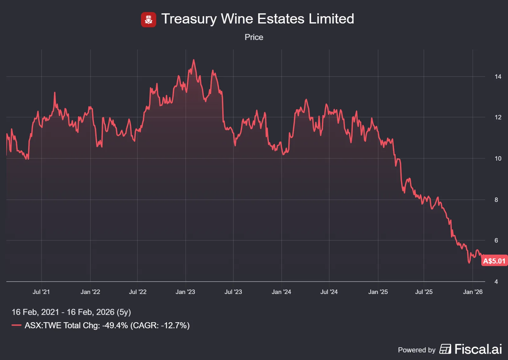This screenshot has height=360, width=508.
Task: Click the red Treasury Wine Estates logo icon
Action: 148,20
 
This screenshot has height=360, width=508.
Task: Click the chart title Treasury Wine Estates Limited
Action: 257,19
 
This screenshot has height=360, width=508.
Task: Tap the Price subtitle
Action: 254,37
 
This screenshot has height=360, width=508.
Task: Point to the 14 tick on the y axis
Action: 498,77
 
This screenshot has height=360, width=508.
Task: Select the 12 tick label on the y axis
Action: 498,117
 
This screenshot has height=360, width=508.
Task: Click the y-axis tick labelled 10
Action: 498,158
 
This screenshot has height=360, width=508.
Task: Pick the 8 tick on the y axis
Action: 496,200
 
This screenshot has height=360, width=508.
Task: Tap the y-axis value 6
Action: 496,240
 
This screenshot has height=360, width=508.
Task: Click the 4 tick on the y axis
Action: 496,282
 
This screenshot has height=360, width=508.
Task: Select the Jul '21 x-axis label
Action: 41,292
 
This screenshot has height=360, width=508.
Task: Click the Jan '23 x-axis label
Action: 185,292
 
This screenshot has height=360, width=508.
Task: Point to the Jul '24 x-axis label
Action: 329,292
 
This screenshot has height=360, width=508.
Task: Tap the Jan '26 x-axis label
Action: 473,292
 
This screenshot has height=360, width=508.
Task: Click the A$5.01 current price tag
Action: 494,261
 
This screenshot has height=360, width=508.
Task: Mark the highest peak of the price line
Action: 194,60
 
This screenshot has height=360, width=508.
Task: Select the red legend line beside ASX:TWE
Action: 17,325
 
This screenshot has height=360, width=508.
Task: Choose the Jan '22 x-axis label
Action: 90,292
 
